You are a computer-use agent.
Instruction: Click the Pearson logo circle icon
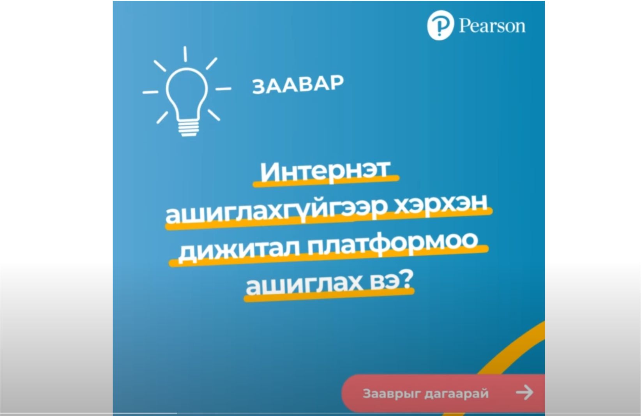coord(440,25)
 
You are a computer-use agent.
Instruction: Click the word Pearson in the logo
coord(492,26)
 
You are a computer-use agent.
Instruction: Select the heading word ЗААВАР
coord(298,85)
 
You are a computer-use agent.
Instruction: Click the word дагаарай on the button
coord(456,394)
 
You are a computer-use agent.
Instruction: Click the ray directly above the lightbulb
coord(185,54)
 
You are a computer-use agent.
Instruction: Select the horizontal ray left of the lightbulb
coord(150,92)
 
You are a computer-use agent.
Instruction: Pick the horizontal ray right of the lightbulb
coord(223,89)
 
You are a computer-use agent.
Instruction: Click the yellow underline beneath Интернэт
coord(326,182)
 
